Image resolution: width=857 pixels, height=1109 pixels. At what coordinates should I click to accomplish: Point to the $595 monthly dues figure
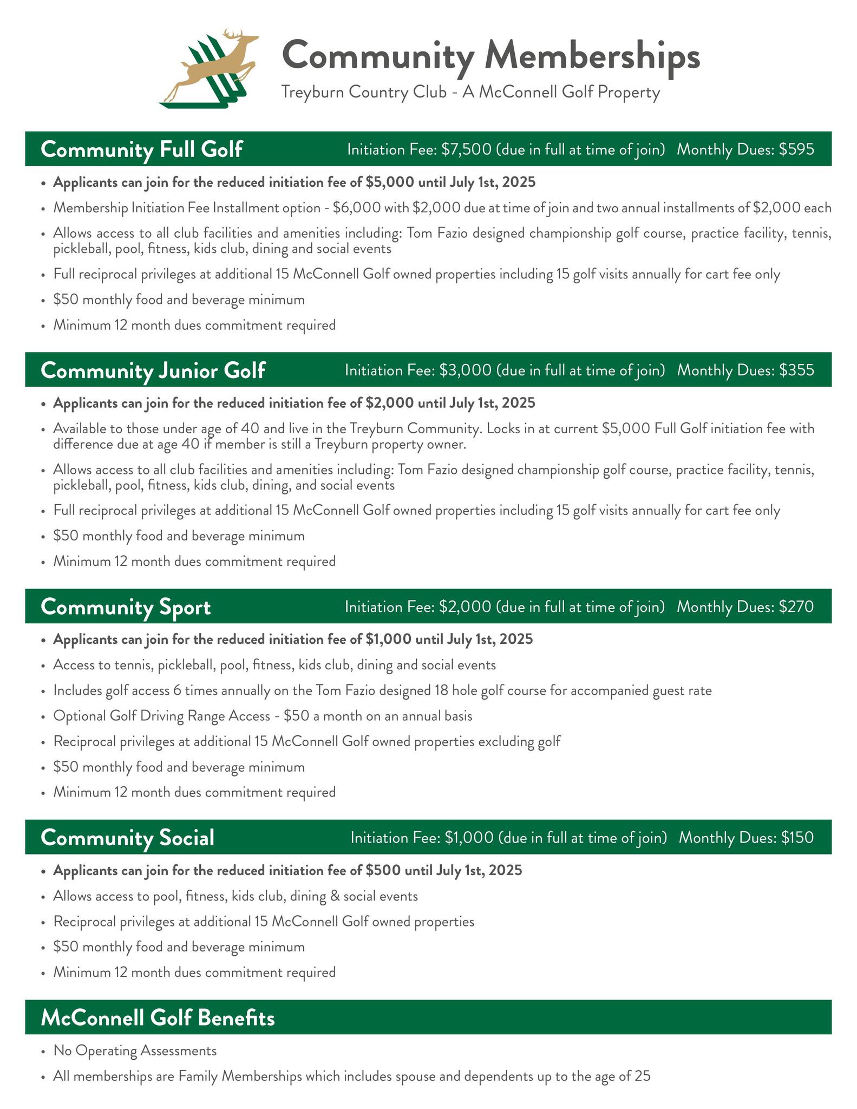coord(796,149)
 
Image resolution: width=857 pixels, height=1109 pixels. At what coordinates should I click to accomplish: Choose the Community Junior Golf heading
coord(153,370)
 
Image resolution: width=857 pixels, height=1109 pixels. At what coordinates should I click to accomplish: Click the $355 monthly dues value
coord(796,370)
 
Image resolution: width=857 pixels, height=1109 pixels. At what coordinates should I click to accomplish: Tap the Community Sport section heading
coord(126,607)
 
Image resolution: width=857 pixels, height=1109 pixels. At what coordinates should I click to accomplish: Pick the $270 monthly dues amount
coord(796,607)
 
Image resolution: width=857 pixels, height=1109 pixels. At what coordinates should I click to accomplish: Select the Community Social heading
coord(128,838)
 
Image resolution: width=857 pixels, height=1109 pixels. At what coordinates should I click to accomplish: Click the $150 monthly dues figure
coord(797,838)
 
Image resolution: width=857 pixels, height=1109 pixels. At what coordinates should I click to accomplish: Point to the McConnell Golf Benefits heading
coord(158,1018)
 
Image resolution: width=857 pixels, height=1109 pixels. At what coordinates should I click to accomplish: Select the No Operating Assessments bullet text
coord(135,1051)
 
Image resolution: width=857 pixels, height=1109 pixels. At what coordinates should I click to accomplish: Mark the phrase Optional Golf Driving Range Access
coord(161,716)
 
